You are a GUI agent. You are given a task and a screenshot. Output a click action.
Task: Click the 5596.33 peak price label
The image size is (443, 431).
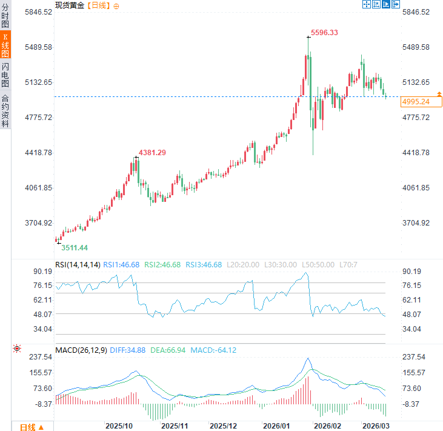(x=324, y=32)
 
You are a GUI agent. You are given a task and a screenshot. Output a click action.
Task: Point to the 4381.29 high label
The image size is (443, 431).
(x=152, y=152)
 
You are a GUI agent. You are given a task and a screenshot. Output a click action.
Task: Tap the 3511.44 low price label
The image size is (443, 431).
(x=75, y=247)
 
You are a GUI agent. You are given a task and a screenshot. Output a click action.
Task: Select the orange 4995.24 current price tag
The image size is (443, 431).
(x=416, y=101)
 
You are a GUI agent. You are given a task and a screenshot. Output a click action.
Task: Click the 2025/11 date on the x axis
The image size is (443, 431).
(x=175, y=426)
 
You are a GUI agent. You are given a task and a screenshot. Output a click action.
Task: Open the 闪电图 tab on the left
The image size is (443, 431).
(x=5, y=75)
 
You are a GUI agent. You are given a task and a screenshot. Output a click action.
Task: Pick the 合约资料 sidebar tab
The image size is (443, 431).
(x=5, y=110)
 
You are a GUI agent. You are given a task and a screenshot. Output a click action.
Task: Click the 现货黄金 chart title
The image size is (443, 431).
(x=69, y=5)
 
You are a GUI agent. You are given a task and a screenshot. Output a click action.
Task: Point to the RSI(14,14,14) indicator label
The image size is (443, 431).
(x=78, y=265)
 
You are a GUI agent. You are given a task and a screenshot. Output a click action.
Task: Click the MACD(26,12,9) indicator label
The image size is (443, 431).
(x=82, y=350)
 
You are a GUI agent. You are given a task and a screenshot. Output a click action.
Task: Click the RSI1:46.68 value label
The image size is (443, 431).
(x=121, y=265)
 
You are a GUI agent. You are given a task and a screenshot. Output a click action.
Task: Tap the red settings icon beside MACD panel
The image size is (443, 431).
(x=17, y=349)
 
